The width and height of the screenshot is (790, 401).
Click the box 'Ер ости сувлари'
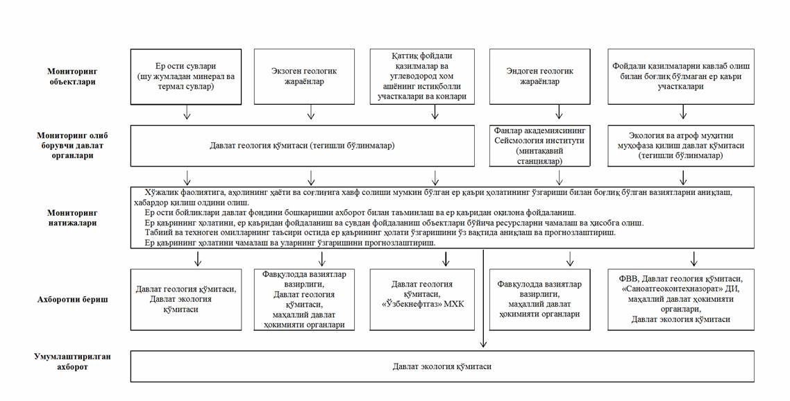click(x=186, y=76)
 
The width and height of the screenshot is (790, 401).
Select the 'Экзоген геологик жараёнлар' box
click(x=310, y=76)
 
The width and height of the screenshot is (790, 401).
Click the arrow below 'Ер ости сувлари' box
click(x=186, y=112)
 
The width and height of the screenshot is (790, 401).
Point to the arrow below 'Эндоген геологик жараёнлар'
click(x=558, y=112)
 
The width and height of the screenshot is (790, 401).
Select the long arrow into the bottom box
click(x=483, y=298)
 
